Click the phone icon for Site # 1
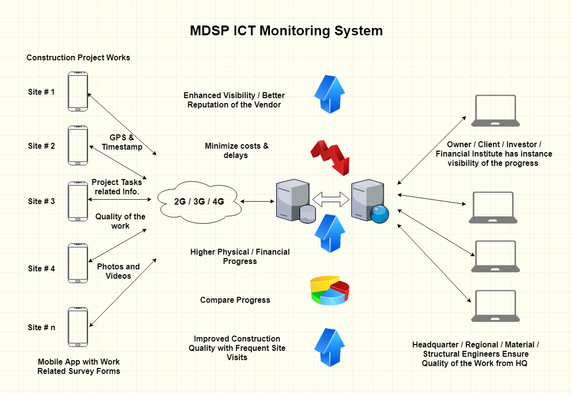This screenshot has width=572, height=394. [x=78, y=91]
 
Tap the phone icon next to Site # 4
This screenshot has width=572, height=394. [x=78, y=263]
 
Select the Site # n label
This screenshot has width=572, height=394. [x=42, y=327]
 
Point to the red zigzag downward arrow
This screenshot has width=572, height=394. [x=331, y=158]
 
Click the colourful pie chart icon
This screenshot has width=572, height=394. [x=330, y=290]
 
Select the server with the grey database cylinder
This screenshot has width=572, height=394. [x=296, y=201]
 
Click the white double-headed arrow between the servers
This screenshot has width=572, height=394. [x=331, y=199]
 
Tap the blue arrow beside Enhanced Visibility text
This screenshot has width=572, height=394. [x=329, y=94]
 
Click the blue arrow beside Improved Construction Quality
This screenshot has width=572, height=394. [x=329, y=347]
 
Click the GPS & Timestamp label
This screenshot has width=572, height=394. [x=122, y=142]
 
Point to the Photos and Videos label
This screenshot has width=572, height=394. [x=118, y=271]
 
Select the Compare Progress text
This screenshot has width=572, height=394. [x=235, y=300]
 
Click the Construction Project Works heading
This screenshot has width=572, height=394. [x=78, y=57]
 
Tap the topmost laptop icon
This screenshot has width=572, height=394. [x=495, y=111]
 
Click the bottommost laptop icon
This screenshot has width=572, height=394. [x=495, y=306]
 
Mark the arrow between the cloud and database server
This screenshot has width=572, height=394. [x=257, y=201]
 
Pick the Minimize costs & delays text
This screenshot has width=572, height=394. [x=236, y=151]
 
